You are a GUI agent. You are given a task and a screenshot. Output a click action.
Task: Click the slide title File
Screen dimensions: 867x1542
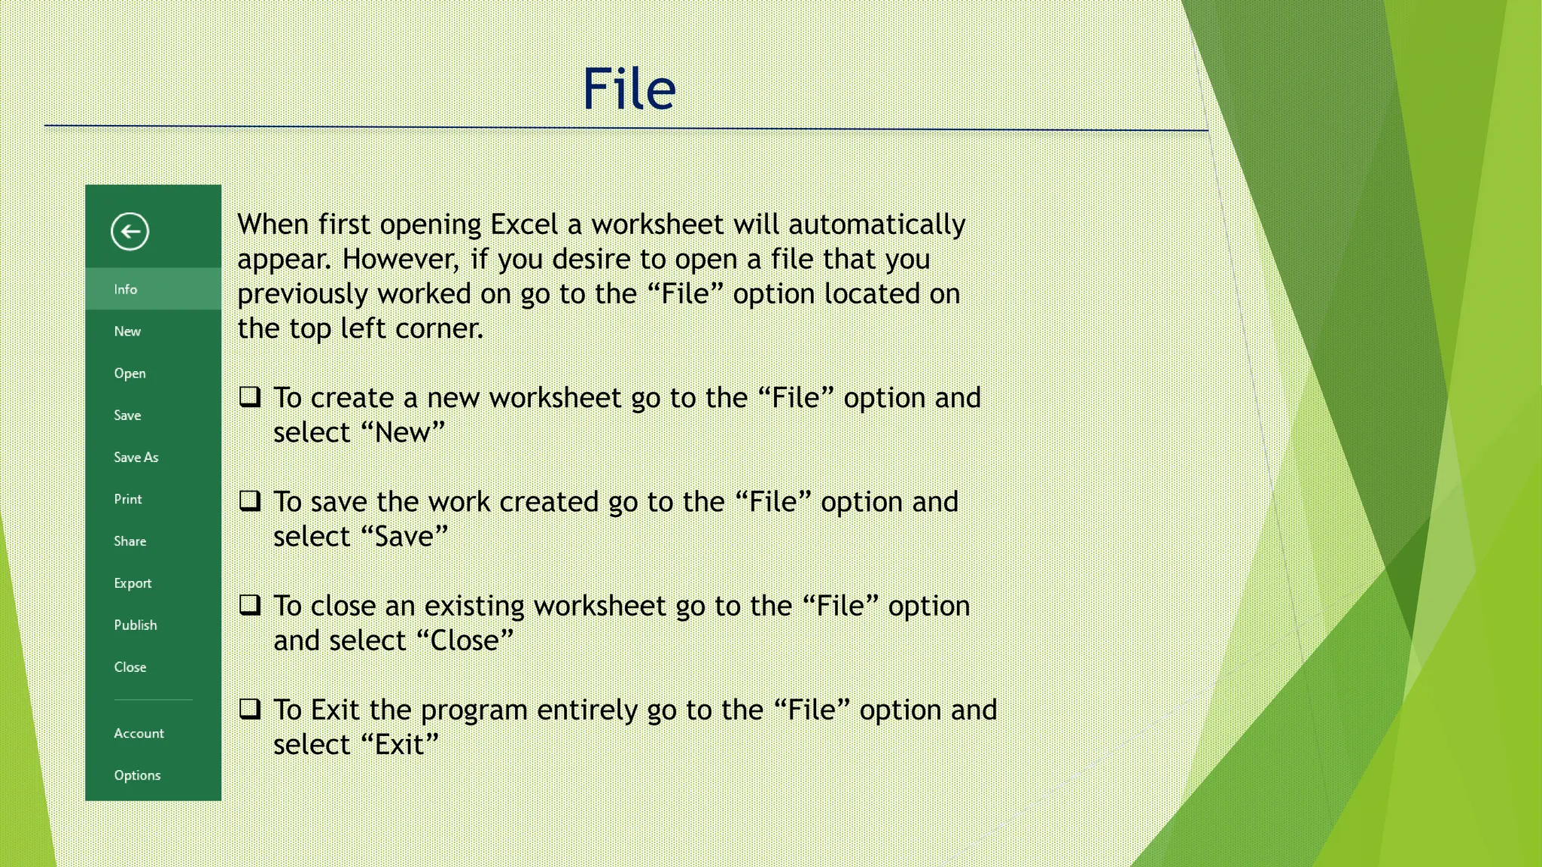[x=629, y=89]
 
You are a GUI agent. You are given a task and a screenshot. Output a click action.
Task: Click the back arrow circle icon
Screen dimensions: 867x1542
[x=130, y=231]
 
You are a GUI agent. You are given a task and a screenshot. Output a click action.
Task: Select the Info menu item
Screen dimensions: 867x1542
[x=126, y=289]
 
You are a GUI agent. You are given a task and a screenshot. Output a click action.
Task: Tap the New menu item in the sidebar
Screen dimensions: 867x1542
[x=127, y=331]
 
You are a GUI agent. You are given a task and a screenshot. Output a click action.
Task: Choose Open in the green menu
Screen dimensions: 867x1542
[x=130, y=373]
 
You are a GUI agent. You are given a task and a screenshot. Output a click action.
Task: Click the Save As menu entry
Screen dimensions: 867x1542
[x=136, y=457]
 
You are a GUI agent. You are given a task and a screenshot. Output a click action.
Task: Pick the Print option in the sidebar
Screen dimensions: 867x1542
[x=128, y=499]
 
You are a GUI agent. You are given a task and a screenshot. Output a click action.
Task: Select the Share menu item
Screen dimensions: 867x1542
[x=130, y=541]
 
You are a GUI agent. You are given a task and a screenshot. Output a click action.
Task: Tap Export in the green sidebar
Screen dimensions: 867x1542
[x=133, y=583]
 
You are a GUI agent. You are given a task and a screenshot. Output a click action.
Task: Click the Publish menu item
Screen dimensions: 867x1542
[x=136, y=625]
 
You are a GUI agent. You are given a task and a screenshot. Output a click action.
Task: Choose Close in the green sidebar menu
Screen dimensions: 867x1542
[x=130, y=667]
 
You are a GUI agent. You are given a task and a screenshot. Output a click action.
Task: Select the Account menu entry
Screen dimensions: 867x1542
[x=139, y=733]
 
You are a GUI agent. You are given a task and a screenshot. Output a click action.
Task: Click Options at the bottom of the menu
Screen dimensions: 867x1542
[x=137, y=775]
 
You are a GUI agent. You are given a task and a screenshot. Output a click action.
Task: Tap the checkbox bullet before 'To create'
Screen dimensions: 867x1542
[x=250, y=397]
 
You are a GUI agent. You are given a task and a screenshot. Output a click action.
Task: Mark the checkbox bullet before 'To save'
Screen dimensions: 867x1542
[x=250, y=500]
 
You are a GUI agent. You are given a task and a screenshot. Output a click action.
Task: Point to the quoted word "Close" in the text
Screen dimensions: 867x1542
[x=465, y=640]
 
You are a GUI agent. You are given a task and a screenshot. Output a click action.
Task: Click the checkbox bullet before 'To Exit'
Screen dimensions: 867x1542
[x=250, y=708]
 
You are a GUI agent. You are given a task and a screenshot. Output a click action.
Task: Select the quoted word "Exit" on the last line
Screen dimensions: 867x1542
[x=400, y=744]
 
